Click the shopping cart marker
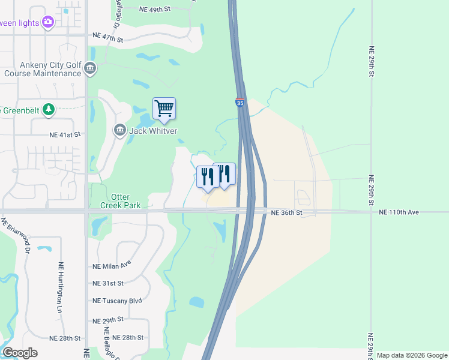[x=164, y=109]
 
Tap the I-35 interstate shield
[x=240, y=103]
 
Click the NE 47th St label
[x=108, y=38]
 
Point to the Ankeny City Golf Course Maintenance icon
[x=91, y=68]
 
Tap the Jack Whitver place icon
[x=119, y=130]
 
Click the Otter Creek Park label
[x=125, y=201]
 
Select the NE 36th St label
[x=286, y=212]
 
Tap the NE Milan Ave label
[x=112, y=265]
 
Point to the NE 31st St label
[x=108, y=283]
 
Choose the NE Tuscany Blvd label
[x=117, y=301]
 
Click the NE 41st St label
[x=65, y=136]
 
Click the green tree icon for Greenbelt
[x=49, y=110]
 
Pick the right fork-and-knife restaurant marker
[x=224, y=174]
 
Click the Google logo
[x=20, y=352]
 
